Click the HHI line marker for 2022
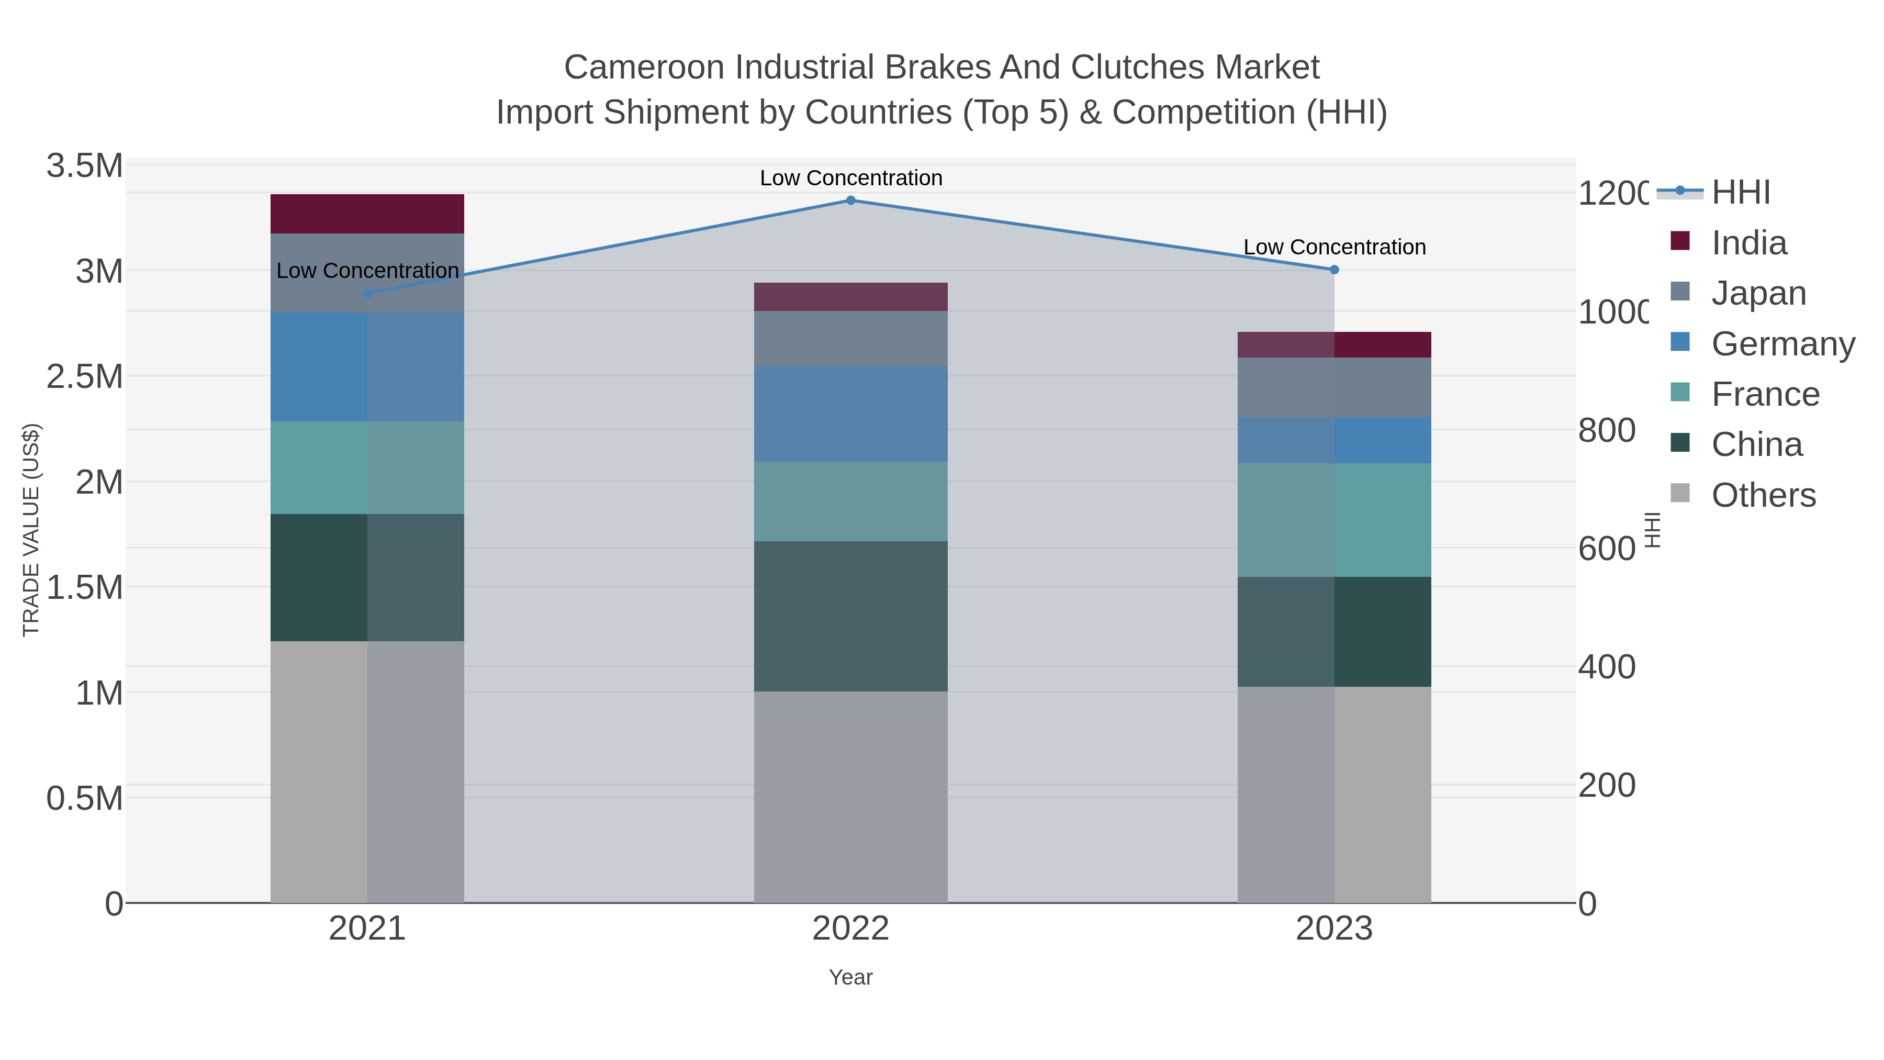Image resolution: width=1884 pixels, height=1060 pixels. pos(850,200)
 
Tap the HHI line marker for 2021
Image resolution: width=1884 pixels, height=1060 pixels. pos(367,293)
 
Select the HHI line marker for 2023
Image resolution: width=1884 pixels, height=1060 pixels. pos(1334,270)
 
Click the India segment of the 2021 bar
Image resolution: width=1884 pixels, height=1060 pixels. pos(367,214)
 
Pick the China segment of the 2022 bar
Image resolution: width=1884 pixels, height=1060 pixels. pos(850,616)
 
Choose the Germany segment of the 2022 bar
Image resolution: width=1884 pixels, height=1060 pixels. pos(850,414)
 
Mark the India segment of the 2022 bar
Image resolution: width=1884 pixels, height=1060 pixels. pos(850,297)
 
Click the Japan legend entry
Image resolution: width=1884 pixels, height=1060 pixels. pos(1758,293)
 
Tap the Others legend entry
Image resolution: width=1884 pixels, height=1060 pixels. pos(1763,495)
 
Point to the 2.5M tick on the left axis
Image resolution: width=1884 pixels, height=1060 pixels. pos(85,377)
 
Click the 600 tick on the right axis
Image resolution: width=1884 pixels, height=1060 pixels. pos(1606,549)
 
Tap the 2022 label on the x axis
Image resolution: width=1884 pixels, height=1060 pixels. pos(850,928)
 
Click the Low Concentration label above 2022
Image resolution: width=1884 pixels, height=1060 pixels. pos(850,178)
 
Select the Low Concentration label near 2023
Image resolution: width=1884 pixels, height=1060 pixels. pos(1334,247)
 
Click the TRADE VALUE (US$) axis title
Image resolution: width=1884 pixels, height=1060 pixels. pos(31,530)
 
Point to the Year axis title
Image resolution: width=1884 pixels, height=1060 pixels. pos(850,977)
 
